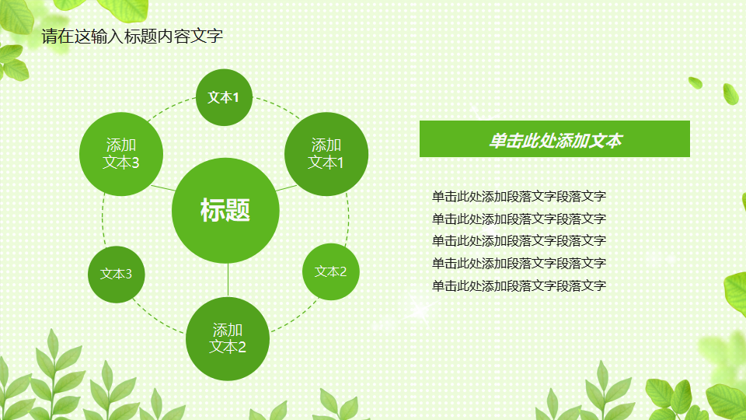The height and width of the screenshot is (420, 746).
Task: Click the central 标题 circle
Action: (225, 233)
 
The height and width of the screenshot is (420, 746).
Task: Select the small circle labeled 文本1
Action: (224, 97)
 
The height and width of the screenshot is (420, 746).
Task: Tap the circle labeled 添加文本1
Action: (326, 153)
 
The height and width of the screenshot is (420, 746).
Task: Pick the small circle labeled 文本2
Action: (330, 271)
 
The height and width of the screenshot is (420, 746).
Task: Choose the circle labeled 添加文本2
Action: (227, 338)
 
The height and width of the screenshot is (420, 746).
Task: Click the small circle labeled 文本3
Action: (116, 274)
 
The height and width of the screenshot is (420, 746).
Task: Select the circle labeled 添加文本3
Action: (121, 153)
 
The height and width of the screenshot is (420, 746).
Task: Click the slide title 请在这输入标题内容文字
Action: (132, 36)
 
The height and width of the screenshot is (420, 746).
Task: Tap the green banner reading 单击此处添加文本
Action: (554, 140)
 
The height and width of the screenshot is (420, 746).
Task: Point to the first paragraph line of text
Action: (518, 197)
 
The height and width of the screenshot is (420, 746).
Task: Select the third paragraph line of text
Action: (518, 241)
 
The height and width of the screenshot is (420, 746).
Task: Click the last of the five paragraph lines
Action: (518, 286)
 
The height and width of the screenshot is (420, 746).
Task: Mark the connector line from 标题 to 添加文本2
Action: (228, 281)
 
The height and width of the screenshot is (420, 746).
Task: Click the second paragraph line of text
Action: (518, 219)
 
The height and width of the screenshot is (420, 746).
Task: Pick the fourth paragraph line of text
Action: (518, 264)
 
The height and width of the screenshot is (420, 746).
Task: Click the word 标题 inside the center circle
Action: (225, 210)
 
